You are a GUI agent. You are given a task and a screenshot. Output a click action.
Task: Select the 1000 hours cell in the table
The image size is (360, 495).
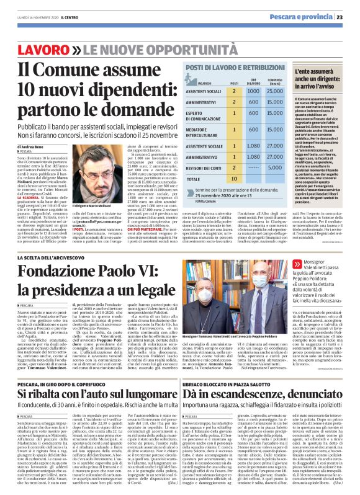pos(252,91)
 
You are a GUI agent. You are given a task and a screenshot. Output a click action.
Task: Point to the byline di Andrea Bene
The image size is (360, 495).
pos(31,146)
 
